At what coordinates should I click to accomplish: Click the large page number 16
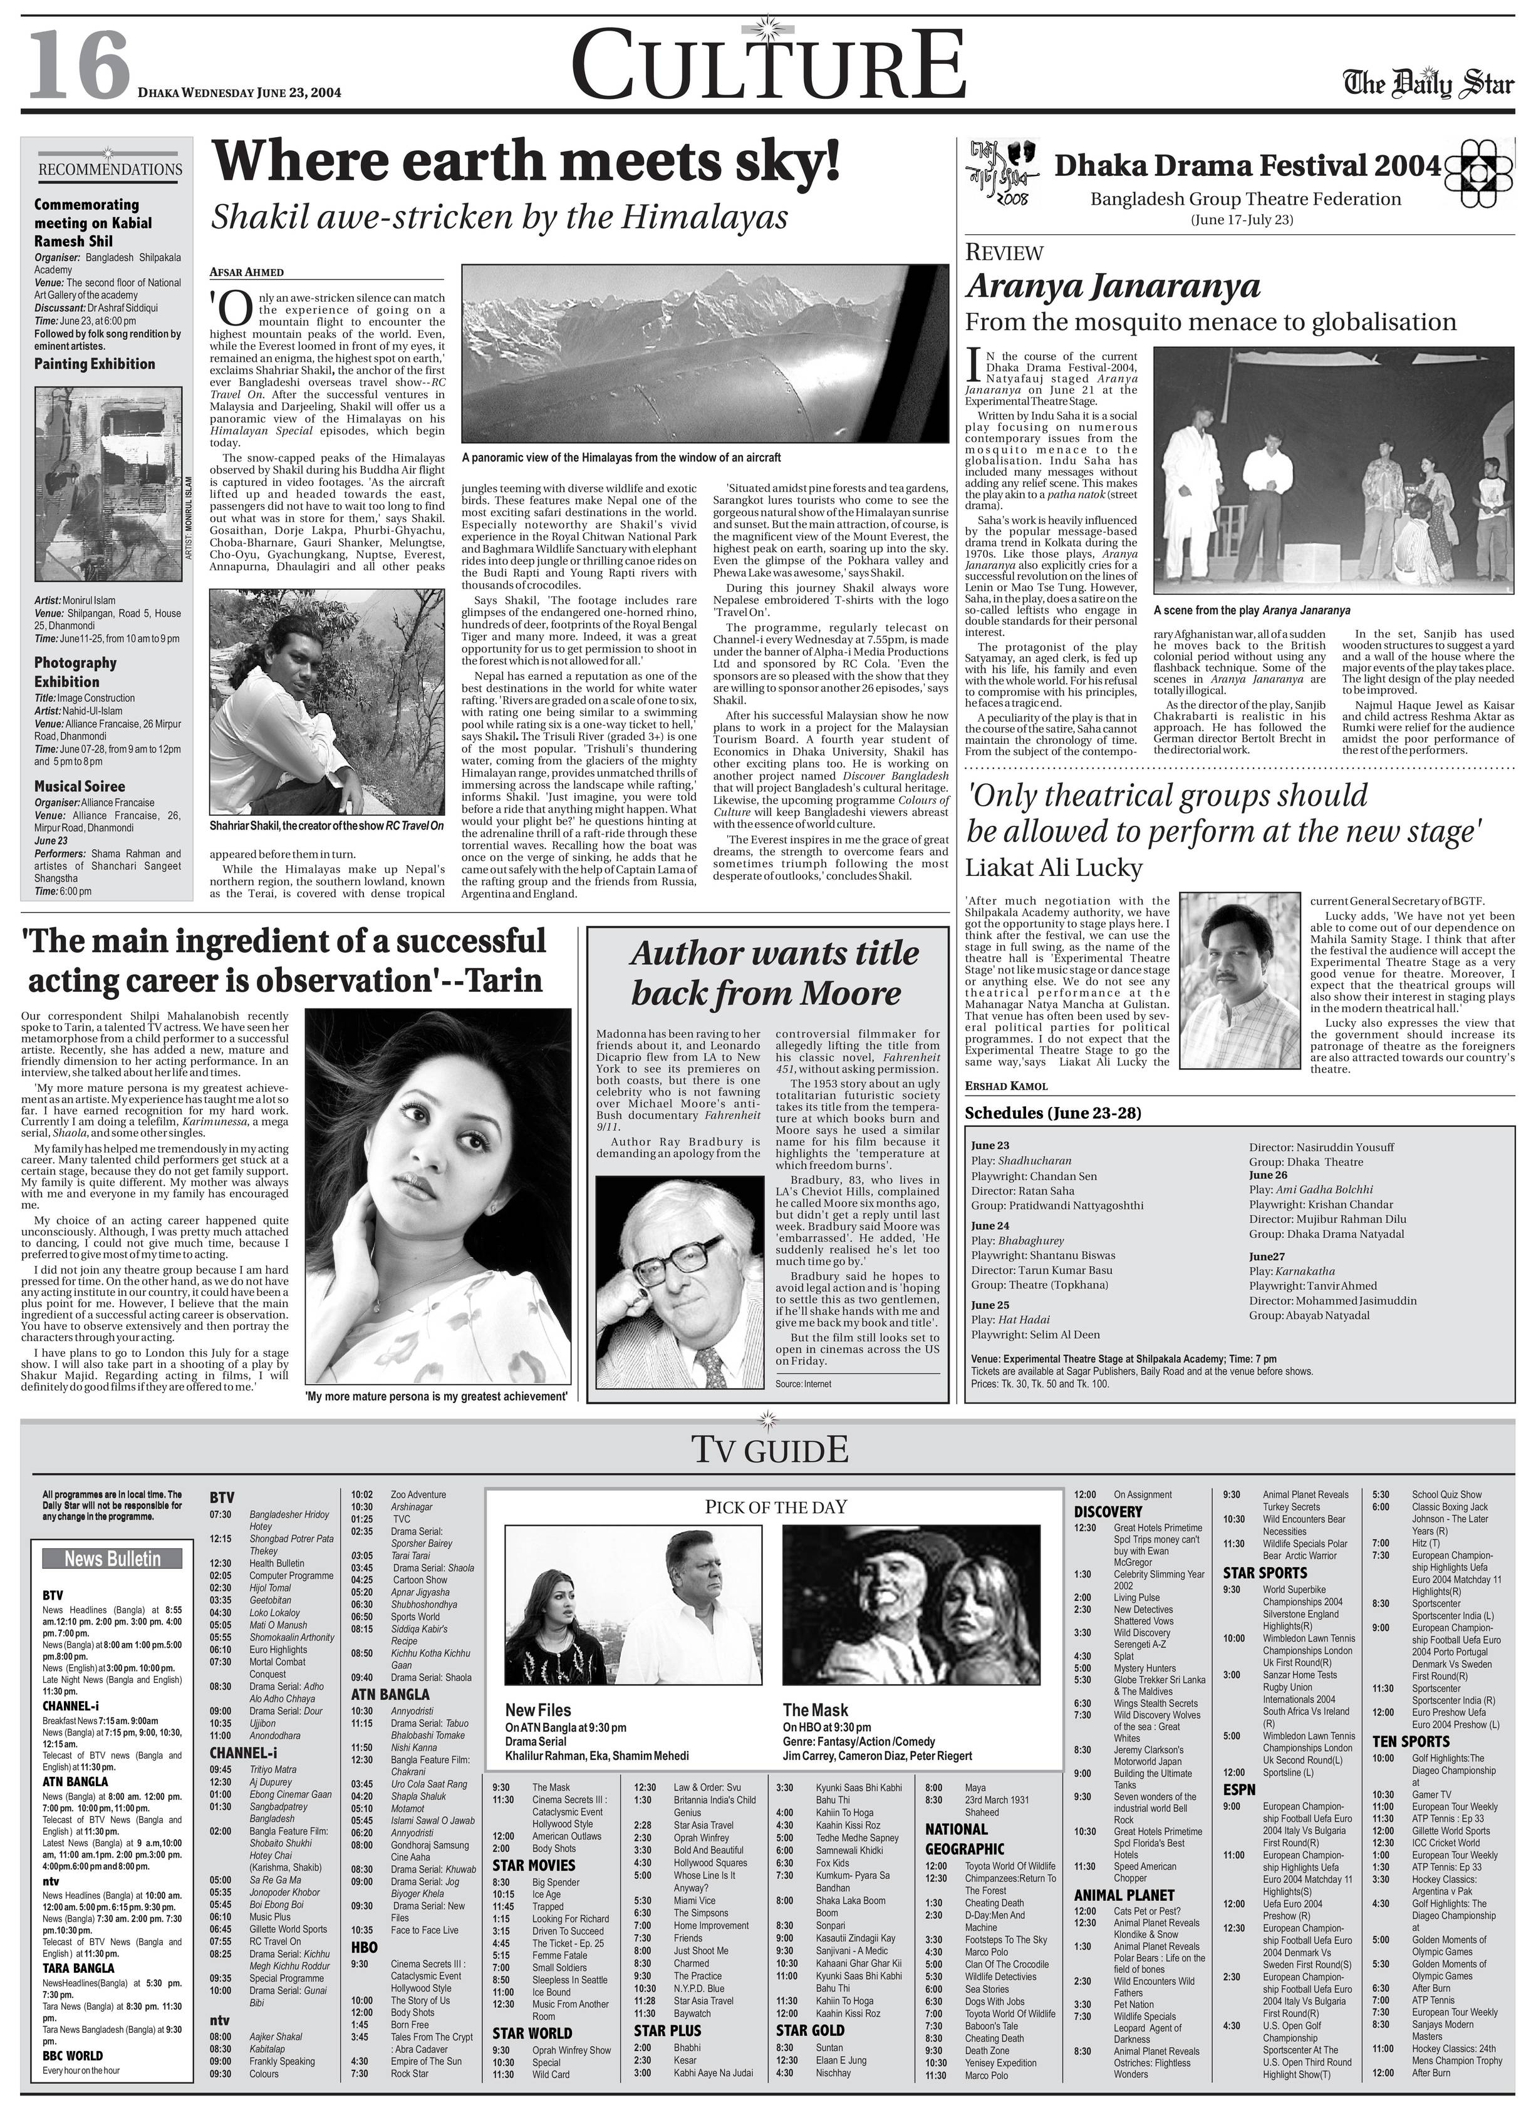click(x=78, y=65)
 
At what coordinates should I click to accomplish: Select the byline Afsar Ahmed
click(x=246, y=272)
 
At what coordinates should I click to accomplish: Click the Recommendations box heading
click(x=110, y=169)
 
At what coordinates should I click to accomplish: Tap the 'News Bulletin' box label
click(x=113, y=1559)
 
